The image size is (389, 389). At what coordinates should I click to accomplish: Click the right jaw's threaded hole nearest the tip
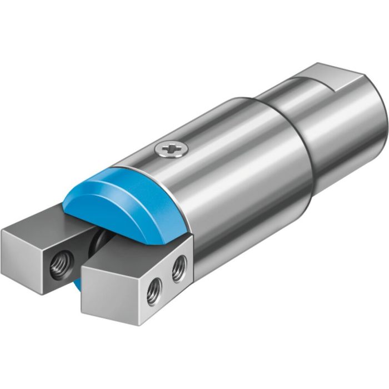pyautogui.click(x=154, y=290)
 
